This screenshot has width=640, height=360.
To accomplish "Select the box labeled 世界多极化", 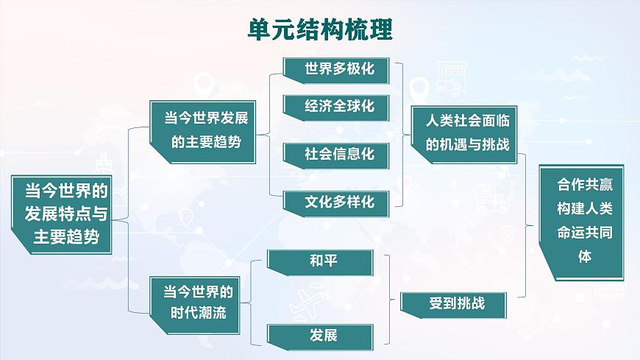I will coord(339,68).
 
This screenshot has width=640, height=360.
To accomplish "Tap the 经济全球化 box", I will coord(339,106).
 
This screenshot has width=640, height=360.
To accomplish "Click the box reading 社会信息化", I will coord(339,154).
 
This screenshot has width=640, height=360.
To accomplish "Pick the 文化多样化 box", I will coord(339,201).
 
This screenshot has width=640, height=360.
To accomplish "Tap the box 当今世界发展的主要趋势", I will coord(205,129).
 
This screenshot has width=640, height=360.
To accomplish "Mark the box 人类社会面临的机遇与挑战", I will coord(468,130).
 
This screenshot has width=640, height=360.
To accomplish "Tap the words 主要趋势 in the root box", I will coord(65,237).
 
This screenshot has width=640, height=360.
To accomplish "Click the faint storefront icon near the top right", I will coord(449,74).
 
